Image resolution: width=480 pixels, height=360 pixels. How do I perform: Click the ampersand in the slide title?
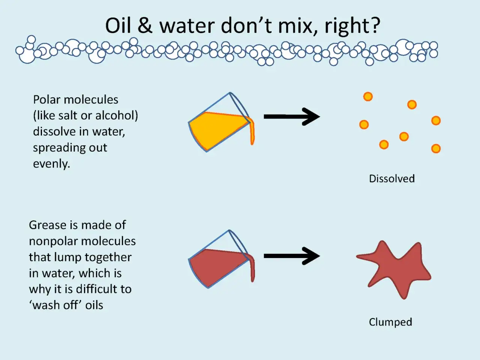point(145,25)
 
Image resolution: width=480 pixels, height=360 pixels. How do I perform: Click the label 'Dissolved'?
point(391,178)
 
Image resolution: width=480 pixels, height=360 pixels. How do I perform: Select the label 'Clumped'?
point(390,322)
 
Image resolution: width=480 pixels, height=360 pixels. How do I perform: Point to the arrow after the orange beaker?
point(292,117)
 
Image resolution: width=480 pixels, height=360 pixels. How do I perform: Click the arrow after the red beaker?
point(292,256)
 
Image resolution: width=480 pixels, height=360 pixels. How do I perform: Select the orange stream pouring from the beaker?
point(252,131)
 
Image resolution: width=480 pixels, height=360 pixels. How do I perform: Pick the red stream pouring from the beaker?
point(252,268)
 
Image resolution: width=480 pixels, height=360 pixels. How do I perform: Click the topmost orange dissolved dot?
point(368,96)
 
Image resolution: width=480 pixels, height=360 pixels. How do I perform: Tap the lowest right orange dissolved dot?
point(436,148)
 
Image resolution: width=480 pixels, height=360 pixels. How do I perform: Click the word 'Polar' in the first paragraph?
point(46,100)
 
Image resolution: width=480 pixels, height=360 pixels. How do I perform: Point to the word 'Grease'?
point(48,225)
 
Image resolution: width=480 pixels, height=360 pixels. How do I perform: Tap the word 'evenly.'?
point(51,164)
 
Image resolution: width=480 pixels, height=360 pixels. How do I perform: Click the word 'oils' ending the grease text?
point(94,305)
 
